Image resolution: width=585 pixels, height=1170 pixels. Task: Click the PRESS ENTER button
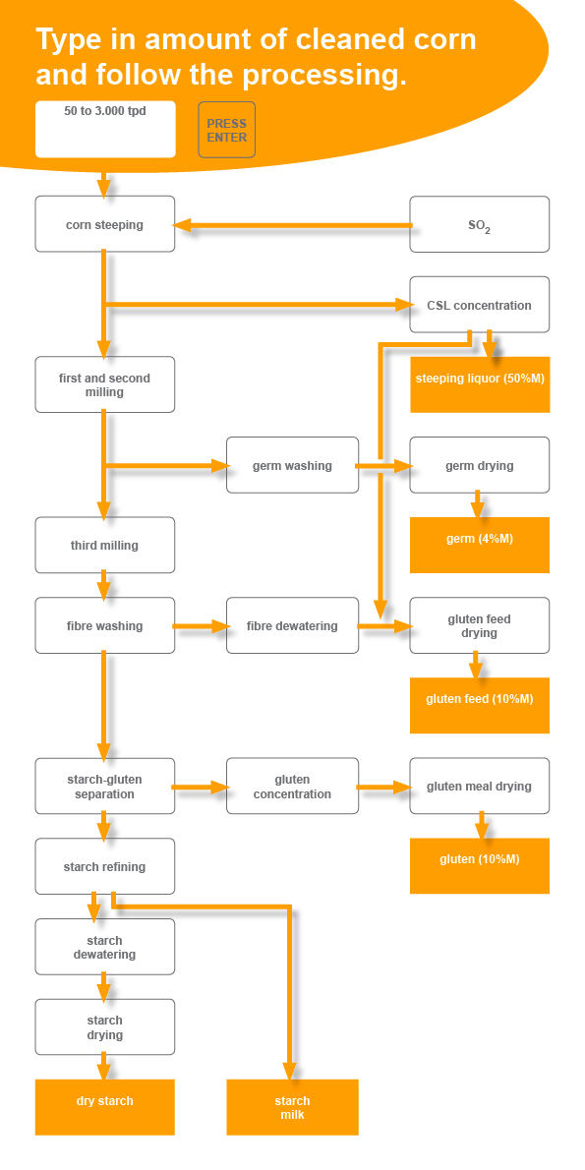(x=227, y=130)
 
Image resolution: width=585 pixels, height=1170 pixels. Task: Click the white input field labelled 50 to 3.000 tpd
(x=105, y=129)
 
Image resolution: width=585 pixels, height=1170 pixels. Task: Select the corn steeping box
(x=105, y=224)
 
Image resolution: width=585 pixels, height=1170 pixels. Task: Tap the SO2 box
(x=480, y=224)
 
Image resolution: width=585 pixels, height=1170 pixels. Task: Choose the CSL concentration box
(x=480, y=305)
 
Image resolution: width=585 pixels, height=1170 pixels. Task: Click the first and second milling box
(x=105, y=384)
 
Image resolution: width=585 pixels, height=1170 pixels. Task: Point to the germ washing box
(x=293, y=465)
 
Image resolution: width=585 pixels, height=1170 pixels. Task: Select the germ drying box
(x=480, y=465)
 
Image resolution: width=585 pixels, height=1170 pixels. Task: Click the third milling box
(x=105, y=545)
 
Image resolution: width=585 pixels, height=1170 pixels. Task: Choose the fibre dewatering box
(x=293, y=625)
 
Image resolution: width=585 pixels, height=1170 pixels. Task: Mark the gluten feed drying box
(x=480, y=625)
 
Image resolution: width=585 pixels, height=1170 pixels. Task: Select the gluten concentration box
(x=293, y=786)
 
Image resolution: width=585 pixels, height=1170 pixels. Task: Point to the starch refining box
(x=105, y=866)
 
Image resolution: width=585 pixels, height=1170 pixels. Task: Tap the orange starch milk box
(x=293, y=1107)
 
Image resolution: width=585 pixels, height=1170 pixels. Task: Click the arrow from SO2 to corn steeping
(x=293, y=224)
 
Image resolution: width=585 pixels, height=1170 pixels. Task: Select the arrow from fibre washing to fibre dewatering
(x=201, y=626)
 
